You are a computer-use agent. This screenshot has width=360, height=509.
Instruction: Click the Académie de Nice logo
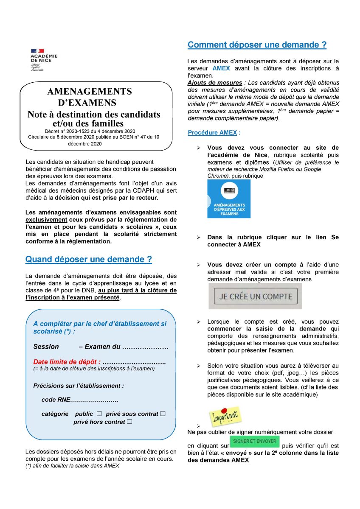43,59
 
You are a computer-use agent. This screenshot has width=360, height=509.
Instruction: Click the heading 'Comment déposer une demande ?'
257,45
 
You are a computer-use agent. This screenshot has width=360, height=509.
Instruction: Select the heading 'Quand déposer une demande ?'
88,259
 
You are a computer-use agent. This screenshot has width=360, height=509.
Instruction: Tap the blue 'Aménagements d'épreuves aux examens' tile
229,199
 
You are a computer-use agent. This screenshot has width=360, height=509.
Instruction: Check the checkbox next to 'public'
99,414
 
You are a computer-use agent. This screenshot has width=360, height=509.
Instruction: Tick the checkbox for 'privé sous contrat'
163,414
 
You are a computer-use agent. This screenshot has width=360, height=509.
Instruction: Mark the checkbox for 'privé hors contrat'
129,422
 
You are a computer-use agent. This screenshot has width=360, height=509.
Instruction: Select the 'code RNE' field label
56,400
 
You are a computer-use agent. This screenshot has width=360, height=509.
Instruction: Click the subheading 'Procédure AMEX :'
214,133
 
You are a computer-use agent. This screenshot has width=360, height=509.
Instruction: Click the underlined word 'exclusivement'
46,220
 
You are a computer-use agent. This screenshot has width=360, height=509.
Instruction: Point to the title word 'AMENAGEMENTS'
90,92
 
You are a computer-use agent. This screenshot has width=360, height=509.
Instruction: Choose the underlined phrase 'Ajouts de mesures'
215,83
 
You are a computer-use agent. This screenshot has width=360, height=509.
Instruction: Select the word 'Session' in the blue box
46,347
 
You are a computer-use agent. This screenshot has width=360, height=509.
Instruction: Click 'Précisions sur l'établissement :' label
79,386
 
